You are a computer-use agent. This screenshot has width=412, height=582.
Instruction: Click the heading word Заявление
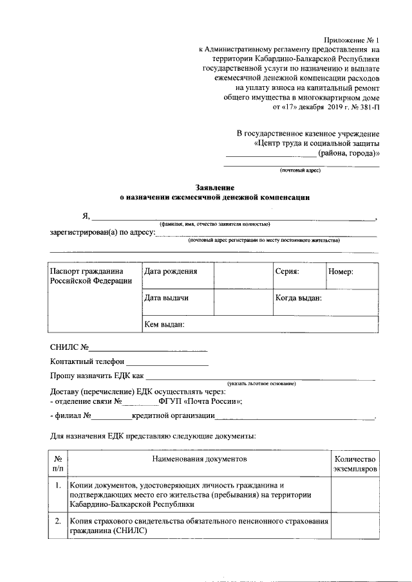click(x=215, y=187)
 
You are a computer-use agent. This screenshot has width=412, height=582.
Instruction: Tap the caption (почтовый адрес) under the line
click(x=300, y=171)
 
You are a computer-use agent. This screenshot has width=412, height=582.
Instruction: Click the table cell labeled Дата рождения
click(x=171, y=272)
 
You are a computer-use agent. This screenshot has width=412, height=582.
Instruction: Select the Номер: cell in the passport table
click(x=341, y=272)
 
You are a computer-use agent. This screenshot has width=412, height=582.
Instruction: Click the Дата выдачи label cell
click(x=166, y=298)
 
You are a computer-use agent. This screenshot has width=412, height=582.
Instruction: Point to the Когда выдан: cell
click(x=299, y=298)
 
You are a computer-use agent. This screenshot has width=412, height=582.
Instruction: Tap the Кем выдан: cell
click(x=165, y=325)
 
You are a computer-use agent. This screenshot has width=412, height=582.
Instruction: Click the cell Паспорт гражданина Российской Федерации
click(x=91, y=277)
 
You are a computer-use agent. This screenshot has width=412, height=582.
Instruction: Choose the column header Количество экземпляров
click(x=354, y=464)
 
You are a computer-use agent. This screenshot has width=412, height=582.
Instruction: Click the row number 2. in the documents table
click(x=58, y=521)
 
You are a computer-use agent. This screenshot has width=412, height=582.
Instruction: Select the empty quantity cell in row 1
click(x=354, y=495)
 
